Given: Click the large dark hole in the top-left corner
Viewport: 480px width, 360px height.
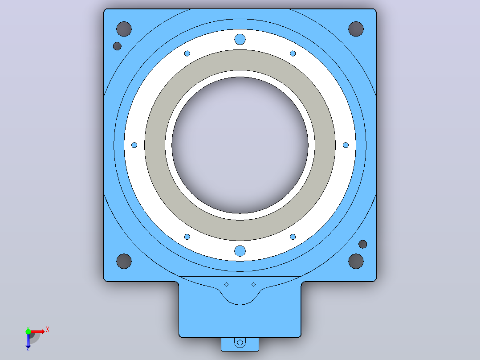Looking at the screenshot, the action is (x=124, y=29).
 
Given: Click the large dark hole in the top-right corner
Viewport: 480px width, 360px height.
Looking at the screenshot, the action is (x=356, y=29).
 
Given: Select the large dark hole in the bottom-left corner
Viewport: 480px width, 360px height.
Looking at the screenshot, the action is (x=124, y=262).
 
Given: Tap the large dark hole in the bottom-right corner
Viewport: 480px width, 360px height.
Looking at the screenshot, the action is (x=356, y=262).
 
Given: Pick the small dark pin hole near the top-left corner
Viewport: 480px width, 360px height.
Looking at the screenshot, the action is (x=117, y=46).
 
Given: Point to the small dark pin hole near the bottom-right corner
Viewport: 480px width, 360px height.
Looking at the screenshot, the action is (x=363, y=244).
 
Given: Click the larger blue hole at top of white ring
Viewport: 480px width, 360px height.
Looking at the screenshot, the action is (x=240, y=39).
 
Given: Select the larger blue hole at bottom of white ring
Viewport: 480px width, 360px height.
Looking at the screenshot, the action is (x=240, y=251).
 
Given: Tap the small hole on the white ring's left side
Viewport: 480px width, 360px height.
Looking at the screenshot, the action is (x=134, y=145).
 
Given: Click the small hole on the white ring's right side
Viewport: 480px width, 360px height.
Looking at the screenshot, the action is (x=346, y=145).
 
